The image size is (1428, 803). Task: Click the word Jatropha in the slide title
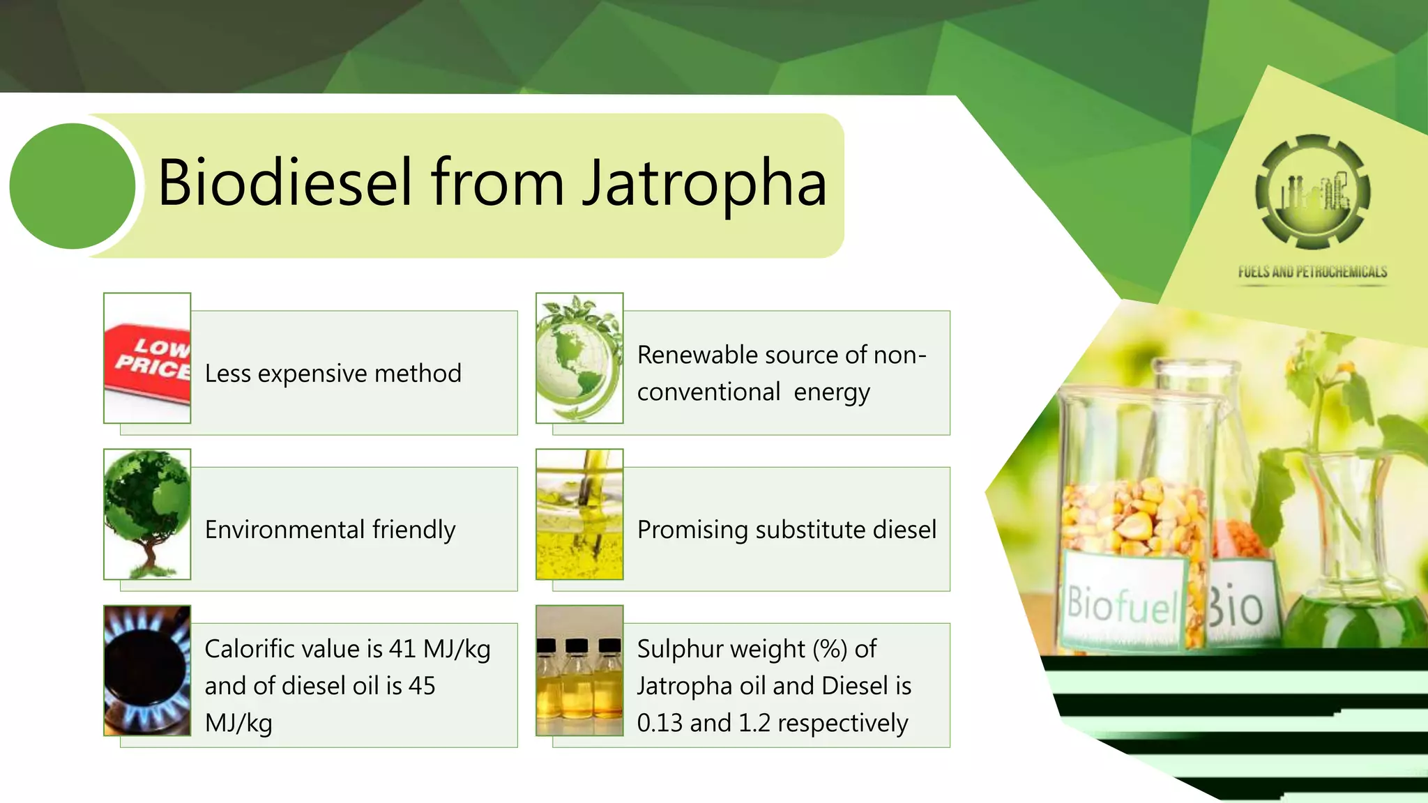pos(704,183)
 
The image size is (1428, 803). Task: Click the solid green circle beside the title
pos(73,186)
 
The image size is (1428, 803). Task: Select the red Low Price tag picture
pos(147,358)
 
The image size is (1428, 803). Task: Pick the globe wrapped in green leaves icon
pos(579,358)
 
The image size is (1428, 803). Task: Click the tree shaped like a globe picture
pos(147,514)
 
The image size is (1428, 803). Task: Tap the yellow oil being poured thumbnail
pos(579,514)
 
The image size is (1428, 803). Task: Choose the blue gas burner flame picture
pos(147,671)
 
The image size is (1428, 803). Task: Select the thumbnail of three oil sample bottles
pos(579,671)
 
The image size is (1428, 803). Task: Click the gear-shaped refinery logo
pos(1313,192)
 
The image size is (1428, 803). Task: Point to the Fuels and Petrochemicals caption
pos(1313,272)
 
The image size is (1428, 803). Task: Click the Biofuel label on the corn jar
pos(1121,604)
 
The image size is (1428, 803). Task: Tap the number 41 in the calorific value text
pos(402,649)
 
